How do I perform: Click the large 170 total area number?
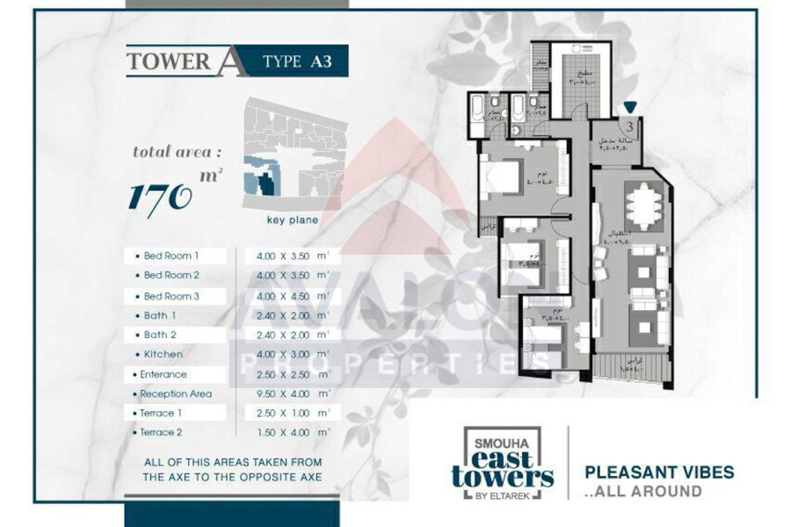pos(161,196)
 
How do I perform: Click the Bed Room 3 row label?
pos(171,296)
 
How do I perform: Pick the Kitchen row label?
pos(164,354)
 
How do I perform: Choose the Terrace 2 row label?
pos(163,432)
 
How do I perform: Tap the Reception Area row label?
pos(176,393)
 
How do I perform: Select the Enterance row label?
pos(163,374)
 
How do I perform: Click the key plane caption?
pos(293,220)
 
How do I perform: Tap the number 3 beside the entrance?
pos(631,126)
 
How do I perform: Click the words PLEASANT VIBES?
pos(659,473)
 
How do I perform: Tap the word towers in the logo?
pos(503,478)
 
